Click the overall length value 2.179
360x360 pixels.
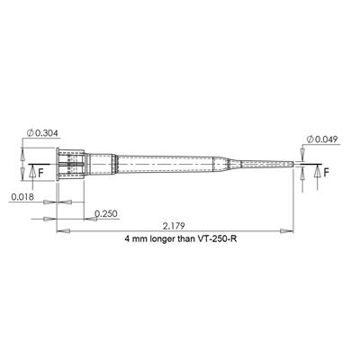175,225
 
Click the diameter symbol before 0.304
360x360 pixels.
32,133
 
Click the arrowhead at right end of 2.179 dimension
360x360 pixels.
293,232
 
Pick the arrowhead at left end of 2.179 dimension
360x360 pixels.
60,232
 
